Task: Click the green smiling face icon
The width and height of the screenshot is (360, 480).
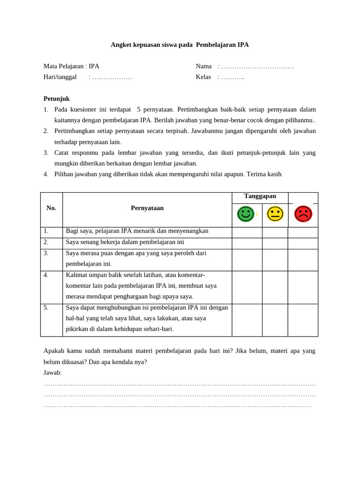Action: tap(246, 214)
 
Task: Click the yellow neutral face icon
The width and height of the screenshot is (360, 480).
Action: tap(275, 214)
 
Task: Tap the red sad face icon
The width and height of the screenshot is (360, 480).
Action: tap(303, 214)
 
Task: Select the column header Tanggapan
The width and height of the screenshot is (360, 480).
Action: tap(260, 196)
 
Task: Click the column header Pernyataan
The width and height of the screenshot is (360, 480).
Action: tap(147, 208)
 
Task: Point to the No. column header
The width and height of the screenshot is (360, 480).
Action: tap(52, 208)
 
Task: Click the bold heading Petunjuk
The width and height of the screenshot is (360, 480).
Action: tap(57, 98)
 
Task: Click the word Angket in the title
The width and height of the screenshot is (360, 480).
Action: tap(121, 45)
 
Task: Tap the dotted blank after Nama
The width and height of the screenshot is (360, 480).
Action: tap(257, 66)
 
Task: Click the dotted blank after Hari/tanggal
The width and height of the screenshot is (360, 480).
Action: tap(112, 77)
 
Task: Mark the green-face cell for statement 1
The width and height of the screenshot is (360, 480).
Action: tap(247, 232)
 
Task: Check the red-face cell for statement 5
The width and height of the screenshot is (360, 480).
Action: tap(303, 320)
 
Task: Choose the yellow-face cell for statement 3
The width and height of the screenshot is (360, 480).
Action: tap(275, 260)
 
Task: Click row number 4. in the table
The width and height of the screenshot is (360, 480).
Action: tap(46, 275)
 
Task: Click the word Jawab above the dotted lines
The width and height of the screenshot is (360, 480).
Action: tap(52, 373)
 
